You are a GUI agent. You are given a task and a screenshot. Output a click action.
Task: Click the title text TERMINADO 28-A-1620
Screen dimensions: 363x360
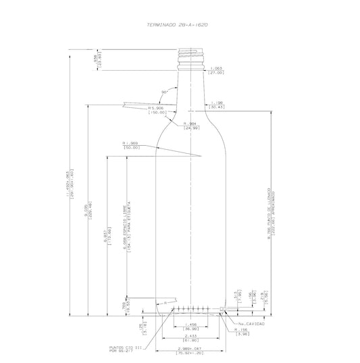pyautogui.click(x=179, y=23)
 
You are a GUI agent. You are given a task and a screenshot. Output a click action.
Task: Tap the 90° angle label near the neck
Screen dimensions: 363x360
pyautogui.click(x=164, y=92)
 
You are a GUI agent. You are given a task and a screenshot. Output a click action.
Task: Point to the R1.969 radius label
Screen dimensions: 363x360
pyautogui.click(x=130, y=145)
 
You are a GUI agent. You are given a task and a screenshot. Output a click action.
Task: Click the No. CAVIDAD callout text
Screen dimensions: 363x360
pyautogui.click(x=251, y=324)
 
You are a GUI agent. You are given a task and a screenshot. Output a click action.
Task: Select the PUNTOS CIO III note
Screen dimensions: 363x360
pyautogui.click(x=124, y=350)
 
